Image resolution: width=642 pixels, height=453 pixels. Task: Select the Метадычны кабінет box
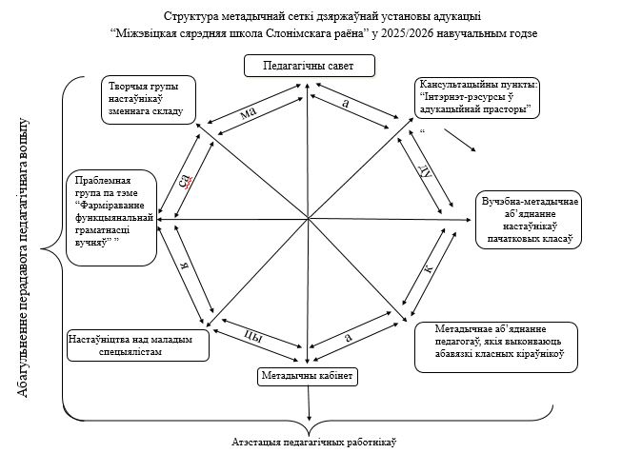pyautogui.click(x=308, y=376)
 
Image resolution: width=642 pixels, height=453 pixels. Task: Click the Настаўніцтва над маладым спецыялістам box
pyautogui.click(x=137, y=345)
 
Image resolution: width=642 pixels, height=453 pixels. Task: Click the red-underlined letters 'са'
pyautogui.click(x=189, y=181)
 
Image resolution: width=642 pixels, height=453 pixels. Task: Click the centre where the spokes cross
pyautogui.click(x=307, y=220)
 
